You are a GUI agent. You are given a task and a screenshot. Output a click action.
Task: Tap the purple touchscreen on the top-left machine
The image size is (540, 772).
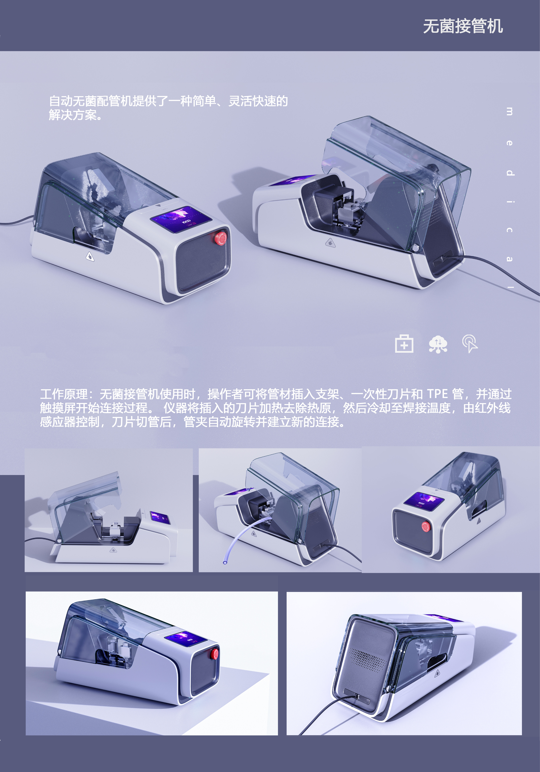[181, 219]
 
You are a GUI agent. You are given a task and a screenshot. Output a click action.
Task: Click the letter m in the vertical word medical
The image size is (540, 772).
[510, 112]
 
